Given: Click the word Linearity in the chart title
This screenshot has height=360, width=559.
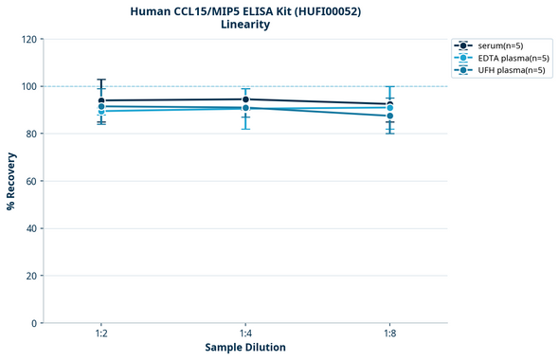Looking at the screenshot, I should click(245, 25).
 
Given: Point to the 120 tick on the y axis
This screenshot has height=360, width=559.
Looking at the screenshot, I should click(28, 39).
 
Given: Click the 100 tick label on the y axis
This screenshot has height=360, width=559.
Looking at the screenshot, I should click(28, 86).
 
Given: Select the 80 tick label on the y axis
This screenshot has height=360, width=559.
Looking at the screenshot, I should click(31, 134).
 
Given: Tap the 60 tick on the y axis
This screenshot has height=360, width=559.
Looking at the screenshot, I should click(31, 181).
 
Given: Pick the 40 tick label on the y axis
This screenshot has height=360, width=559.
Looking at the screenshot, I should click(31, 228).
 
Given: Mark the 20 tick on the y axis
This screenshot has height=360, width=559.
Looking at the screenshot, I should click(31, 276).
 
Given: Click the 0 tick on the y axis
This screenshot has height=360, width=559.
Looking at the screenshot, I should click(34, 323).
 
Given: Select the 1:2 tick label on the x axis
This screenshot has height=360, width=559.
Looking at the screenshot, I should click(101, 334).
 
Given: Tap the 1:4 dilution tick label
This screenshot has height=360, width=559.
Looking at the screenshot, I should click(245, 334).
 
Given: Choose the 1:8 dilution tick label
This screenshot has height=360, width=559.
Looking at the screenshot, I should click(389, 334).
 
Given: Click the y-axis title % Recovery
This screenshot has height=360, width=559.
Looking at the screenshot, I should click(11, 181).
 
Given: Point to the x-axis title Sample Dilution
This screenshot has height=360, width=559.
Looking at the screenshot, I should click(245, 348).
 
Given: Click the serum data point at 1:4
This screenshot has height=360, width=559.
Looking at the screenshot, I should click(245, 99).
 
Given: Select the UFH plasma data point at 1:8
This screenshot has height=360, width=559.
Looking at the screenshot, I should click(389, 116).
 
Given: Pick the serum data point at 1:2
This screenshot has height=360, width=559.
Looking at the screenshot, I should click(101, 100).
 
